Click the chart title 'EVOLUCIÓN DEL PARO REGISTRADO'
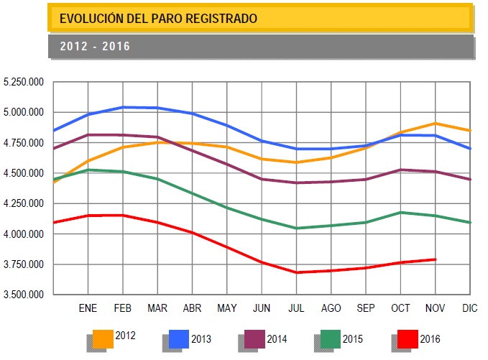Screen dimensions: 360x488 [157, 18]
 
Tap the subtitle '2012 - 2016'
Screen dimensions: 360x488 [95, 47]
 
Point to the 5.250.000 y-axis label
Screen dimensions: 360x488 [24, 83]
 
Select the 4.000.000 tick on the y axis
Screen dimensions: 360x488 [24, 234]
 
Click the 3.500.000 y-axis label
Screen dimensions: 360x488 [24, 295]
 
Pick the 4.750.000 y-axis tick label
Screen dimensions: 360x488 [24, 143]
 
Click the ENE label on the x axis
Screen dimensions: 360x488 [87, 308]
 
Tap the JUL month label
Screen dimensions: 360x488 [296, 308]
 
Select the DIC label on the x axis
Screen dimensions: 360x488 [470, 308]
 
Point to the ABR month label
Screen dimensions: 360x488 [192, 308]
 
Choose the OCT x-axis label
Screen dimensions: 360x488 [400, 308]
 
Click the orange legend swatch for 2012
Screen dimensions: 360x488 [103, 338]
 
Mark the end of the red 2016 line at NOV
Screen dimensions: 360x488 [435, 259]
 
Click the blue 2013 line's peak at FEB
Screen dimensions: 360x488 [122, 107]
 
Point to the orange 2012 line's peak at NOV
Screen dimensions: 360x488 [435, 124]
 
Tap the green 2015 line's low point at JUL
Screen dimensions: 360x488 [296, 229]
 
